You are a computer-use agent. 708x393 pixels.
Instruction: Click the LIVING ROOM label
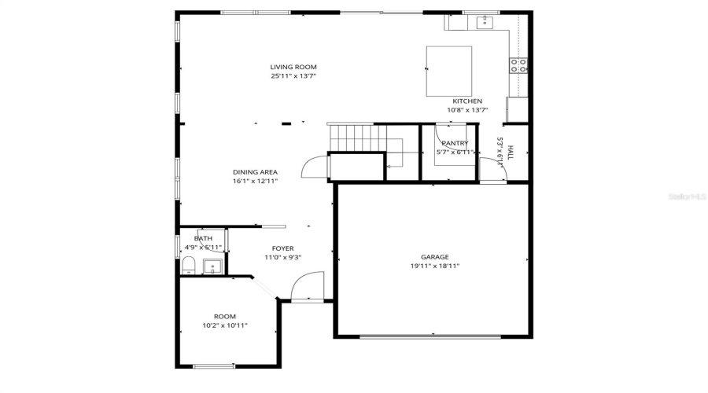pos(293,67)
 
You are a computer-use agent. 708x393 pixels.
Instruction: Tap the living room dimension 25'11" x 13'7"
pos(293,76)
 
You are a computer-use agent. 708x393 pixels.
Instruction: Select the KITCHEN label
pos(466,101)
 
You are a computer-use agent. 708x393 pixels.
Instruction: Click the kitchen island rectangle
pos(448,71)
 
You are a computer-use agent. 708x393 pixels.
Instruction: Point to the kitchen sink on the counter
pos(485,21)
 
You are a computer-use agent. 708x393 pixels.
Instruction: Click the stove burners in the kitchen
pos(518,66)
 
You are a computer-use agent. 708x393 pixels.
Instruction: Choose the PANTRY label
pos(455,143)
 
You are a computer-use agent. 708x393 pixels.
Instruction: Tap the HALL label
pos(511,153)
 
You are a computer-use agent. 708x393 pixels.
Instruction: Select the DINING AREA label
pos(255,172)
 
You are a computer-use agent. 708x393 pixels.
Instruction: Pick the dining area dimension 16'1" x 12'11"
pos(255,182)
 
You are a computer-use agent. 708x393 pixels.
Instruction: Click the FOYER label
pos(282,248)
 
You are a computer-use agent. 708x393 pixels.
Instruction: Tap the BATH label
pos(203,238)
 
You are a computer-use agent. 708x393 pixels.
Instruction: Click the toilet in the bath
pos(187,268)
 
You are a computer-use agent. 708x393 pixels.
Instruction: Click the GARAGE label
pos(434,257)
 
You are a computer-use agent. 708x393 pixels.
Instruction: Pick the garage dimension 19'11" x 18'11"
pos(434,266)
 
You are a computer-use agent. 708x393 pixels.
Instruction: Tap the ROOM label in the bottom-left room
pos(225,316)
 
